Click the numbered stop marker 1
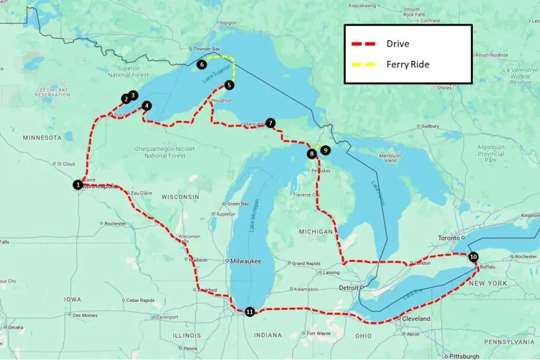pos(78,185)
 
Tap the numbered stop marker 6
pos(202,64)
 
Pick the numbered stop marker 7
pos(271,123)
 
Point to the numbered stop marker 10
pos(472,257)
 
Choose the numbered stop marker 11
pos(250,311)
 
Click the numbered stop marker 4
pos(147,106)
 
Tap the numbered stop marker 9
pos(325,150)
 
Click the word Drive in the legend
pos(397,44)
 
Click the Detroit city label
pos(349,287)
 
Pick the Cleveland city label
pos(416,319)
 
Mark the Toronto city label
pos(448,237)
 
